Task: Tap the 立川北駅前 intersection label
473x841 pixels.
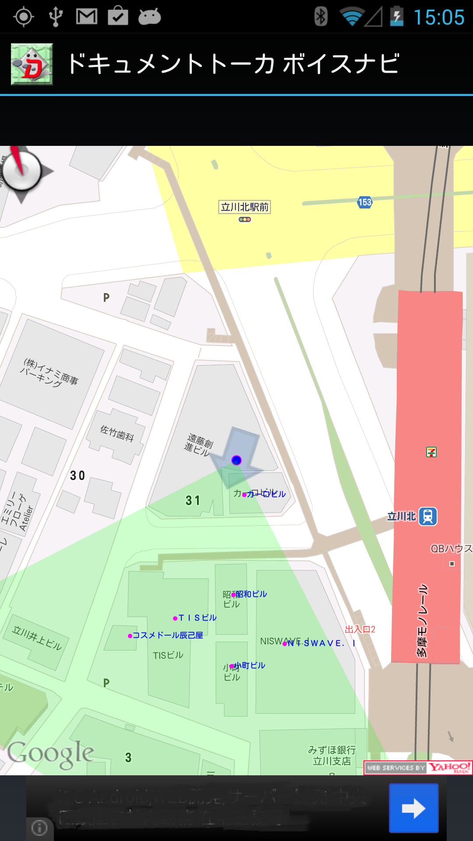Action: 244,207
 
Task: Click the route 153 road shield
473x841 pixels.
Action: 364,202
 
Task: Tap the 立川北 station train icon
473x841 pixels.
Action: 428,516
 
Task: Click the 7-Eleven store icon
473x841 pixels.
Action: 431,452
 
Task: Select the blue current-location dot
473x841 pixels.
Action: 236,460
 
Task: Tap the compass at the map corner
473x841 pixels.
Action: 21,172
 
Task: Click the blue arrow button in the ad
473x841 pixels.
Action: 413,808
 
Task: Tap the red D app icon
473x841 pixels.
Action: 32,64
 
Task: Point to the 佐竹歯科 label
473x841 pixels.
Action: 117,433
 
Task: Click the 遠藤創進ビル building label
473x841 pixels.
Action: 198,444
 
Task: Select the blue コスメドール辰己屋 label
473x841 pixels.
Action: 167,636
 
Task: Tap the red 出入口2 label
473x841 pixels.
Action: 360,629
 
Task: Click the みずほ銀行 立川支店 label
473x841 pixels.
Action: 332,756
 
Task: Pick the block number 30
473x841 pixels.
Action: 78,476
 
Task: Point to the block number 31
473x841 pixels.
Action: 193,501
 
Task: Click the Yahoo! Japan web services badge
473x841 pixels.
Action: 418,768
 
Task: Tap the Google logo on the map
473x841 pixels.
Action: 51,754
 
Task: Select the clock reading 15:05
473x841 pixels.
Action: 439,18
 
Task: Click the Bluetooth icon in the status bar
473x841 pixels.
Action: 321,17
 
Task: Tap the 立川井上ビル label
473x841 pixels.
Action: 37,638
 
